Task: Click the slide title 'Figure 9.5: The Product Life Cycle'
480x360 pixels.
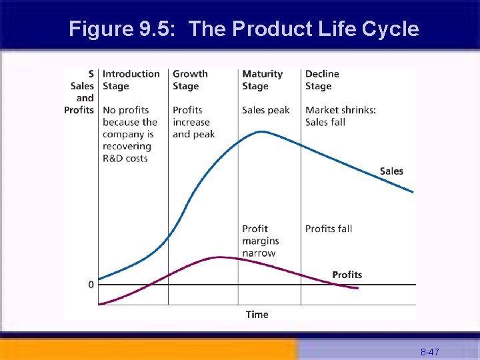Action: point(244,29)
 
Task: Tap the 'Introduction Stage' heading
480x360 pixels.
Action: point(131,80)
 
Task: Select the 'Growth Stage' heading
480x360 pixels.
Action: point(190,80)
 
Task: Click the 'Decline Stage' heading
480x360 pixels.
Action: point(322,80)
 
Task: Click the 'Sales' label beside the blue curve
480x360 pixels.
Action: point(391,171)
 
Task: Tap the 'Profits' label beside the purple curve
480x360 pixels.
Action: point(347,275)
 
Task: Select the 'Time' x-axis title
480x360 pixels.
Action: point(257,315)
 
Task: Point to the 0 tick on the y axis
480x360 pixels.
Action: point(91,285)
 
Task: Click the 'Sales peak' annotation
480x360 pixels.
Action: point(265,110)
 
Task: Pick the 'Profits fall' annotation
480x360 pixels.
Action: point(329,229)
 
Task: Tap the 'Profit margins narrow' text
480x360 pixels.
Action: point(261,241)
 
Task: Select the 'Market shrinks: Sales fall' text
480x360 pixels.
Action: point(340,116)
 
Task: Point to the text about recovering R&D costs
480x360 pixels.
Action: point(130,134)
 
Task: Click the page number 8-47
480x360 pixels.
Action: point(429,351)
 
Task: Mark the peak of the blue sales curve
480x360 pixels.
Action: point(262,131)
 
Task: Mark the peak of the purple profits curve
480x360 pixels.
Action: point(219,257)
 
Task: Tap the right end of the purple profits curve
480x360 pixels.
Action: point(358,288)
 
